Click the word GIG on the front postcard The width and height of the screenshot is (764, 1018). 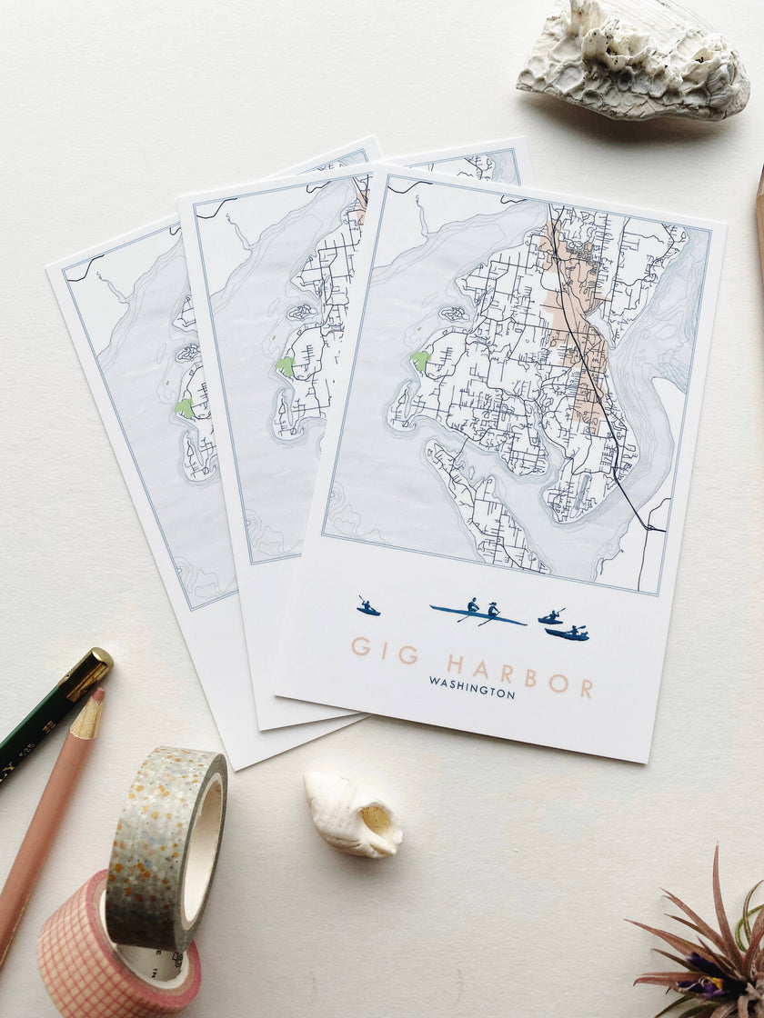pos(384,649)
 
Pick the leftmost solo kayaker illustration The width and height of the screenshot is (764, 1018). pos(367,607)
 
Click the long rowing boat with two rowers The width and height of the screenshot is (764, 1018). pos(478,614)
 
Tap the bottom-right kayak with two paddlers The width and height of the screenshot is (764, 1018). pos(567,633)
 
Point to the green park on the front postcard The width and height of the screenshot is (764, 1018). pos(419,360)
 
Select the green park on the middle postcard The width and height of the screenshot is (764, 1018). pos(286,366)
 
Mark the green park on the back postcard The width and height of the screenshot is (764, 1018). pos(185,408)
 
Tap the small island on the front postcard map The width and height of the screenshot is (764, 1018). pos(453,314)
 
